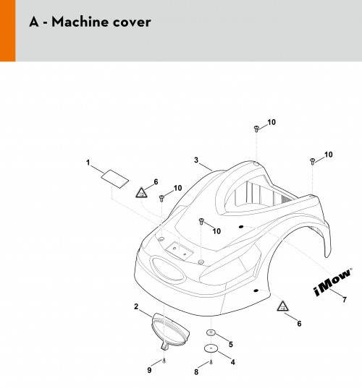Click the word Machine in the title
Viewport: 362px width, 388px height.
(80, 22)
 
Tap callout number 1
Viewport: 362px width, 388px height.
(88, 163)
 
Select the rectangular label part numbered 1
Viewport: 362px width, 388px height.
(115, 179)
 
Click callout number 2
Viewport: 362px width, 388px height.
(136, 306)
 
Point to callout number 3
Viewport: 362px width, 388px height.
(196, 160)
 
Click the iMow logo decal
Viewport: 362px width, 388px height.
(333, 282)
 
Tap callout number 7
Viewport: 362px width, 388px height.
(345, 300)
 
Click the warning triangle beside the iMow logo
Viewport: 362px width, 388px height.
(282, 306)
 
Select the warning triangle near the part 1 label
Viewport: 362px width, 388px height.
(142, 193)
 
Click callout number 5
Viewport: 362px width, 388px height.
(231, 344)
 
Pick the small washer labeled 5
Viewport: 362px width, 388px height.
(211, 333)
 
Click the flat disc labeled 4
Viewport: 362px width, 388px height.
(211, 349)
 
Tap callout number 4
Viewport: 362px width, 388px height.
(232, 362)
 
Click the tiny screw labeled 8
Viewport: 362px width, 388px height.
(211, 362)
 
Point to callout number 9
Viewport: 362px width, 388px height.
(149, 370)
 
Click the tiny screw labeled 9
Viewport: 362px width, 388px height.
(164, 361)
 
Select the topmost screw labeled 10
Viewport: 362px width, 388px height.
(256, 129)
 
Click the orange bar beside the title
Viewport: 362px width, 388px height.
(8, 30)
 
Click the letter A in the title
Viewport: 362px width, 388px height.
(34, 22)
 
